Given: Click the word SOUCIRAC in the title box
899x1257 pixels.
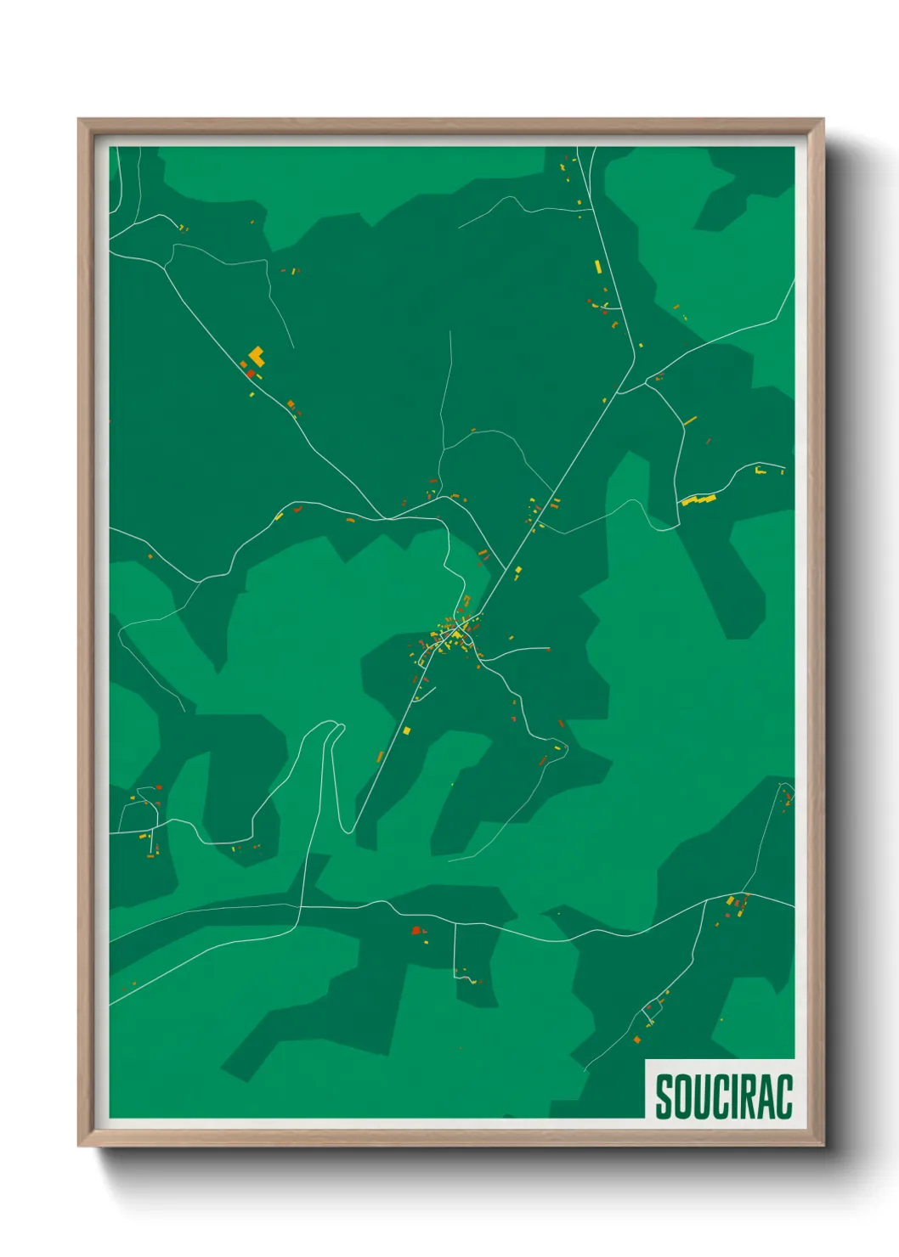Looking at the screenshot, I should point(723,1096).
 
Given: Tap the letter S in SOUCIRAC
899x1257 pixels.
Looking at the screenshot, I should point(664,1096).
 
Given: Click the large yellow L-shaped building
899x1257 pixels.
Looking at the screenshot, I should point(257,356).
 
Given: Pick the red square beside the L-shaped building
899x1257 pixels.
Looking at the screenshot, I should point(251,373).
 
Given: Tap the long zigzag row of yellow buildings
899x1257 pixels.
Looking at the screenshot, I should point(698,500).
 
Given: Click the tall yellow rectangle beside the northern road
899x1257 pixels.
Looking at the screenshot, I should point(598,266).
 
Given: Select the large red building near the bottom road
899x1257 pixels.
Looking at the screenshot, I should point(416,931).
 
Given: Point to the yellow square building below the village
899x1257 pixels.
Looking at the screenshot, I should point(406,730).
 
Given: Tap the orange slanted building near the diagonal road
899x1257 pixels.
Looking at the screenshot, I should point(381,756).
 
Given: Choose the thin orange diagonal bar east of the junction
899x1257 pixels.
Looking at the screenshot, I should point(690,420).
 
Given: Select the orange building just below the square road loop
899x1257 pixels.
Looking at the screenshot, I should point(637,1039).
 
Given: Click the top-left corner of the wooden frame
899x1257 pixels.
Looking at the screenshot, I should point(79,120).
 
